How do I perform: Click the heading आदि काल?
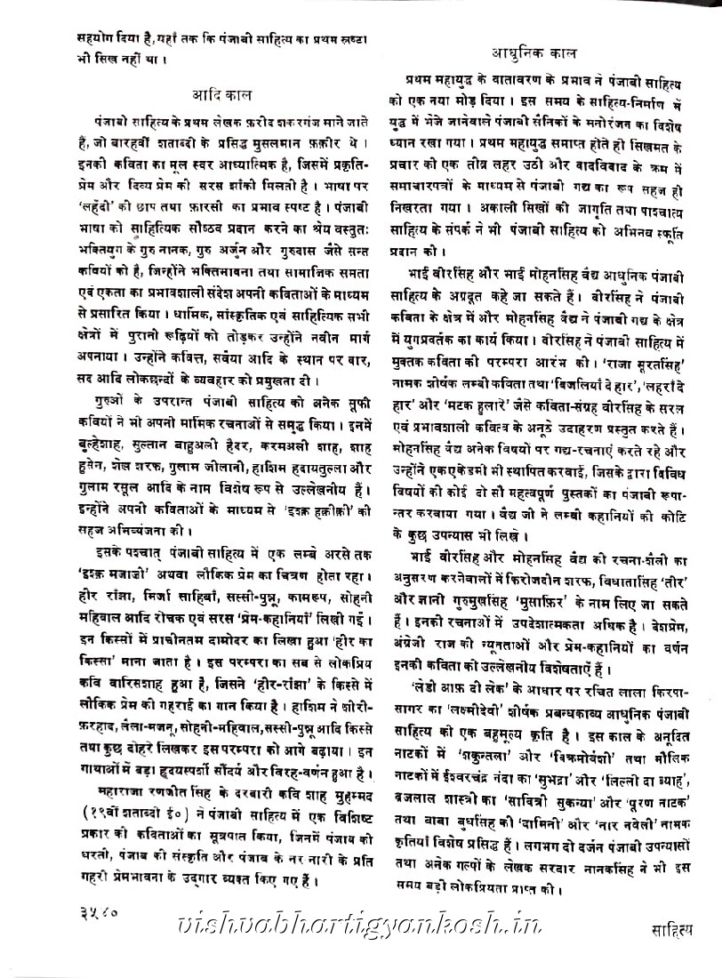point(221,94)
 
